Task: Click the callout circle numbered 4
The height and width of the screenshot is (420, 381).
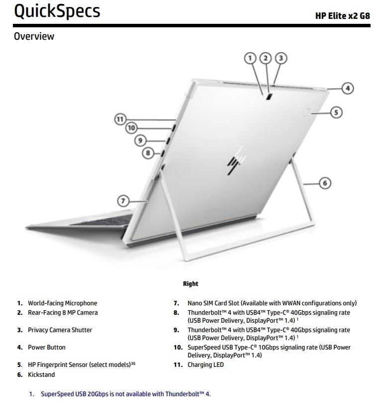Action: (x=348, y=88)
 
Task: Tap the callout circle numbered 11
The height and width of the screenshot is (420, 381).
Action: (x=120, y=119)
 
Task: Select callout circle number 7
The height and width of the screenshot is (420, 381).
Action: (x=123, y=201)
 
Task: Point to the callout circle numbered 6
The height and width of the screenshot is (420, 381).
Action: (x=325, y=183)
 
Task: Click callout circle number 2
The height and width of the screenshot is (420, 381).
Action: (x=266, y=58)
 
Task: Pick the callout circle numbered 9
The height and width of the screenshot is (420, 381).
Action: (x=140, y=140)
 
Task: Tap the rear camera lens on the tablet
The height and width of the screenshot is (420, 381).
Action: (x=269, y=97)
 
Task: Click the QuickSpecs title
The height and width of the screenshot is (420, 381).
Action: (x=57, y=11)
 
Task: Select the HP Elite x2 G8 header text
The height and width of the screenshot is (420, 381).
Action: (x=343, y=16)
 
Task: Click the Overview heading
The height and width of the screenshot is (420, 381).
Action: (x=34, y=36)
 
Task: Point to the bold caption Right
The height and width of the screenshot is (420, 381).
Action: (x=190, y=283)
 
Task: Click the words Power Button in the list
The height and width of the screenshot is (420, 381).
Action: (x=47, y=348)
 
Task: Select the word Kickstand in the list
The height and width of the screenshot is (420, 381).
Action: (x=41, y=374)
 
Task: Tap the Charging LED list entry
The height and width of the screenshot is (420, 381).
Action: (x=205, y=365)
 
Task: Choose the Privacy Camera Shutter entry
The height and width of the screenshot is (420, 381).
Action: (x=60, y=330)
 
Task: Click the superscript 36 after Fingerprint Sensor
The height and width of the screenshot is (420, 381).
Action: (x=133, y=363)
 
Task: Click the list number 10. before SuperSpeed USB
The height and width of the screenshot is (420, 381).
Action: (x=178, y=348)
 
